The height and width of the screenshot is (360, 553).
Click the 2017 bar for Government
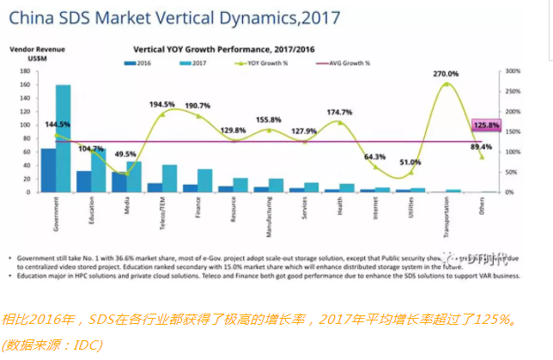[64, 137]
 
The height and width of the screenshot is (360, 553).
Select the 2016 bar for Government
[48, 170]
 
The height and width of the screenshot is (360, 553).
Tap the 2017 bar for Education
[99, 170]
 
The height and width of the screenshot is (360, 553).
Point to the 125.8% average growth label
[486, 126]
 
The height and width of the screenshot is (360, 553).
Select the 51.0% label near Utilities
[410, 162]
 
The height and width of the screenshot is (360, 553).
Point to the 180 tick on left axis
[24, 70]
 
